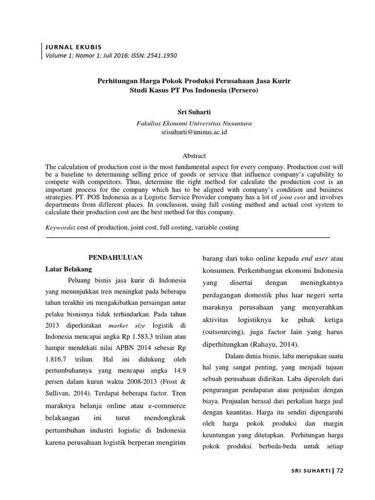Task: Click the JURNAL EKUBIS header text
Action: click(73, 47)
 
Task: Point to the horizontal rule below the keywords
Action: click(188, 237)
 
